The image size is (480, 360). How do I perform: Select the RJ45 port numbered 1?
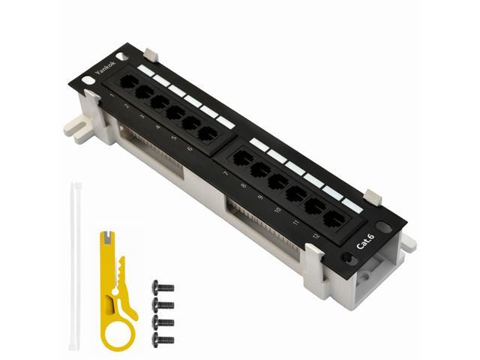[128, 82]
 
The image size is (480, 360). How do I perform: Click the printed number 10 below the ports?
[277, 209]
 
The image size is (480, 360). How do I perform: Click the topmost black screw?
[163, 287]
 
